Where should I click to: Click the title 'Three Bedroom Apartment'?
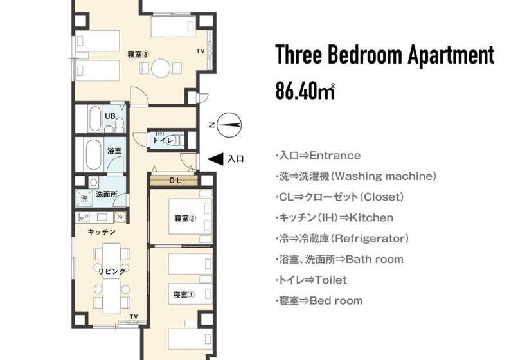coord(384,56)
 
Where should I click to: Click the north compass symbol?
coord(229,124)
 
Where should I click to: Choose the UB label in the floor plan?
coord(110,116)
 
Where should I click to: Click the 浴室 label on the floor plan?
coord(115,150)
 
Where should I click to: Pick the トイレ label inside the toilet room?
coord(163,139)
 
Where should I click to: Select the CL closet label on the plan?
coord(174,181)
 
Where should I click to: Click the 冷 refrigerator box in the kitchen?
coord(120,217)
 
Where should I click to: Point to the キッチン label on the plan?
coord(101,231)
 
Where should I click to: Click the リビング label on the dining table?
coord(111,271)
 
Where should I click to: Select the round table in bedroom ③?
coord(161,68)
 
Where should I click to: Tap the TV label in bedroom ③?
coord(200,51)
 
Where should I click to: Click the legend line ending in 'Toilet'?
coord(312,280)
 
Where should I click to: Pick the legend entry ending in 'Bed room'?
coord(319,301)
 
